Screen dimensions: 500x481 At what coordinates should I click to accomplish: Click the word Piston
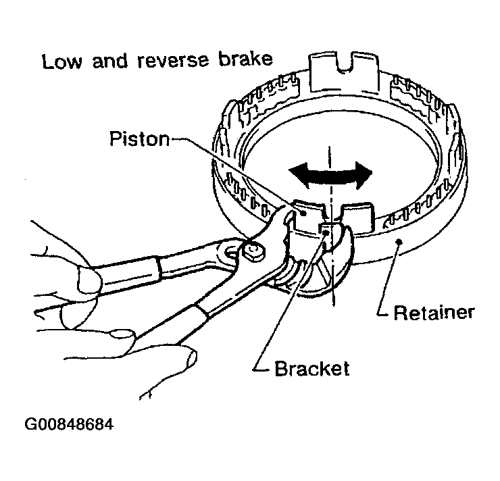(139, 139)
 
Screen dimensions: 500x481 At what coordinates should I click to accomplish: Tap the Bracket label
(312, 368)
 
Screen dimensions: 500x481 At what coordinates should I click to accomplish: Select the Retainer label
(434, 312)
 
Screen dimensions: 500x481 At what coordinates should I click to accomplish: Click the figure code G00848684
(69, 424)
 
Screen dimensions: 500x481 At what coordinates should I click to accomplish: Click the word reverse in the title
(173, 61)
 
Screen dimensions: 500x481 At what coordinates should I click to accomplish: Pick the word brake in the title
(245, 59)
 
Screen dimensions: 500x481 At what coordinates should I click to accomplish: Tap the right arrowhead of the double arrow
(363, 174)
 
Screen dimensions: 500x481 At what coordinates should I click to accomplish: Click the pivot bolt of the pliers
(253, 251)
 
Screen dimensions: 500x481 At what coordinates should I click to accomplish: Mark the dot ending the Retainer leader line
(398, 243)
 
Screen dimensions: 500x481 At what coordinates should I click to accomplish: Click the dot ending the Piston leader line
(305, 213)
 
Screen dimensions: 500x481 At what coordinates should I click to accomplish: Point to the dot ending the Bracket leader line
(326, 232)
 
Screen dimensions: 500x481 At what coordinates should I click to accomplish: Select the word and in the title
(109, 61)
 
